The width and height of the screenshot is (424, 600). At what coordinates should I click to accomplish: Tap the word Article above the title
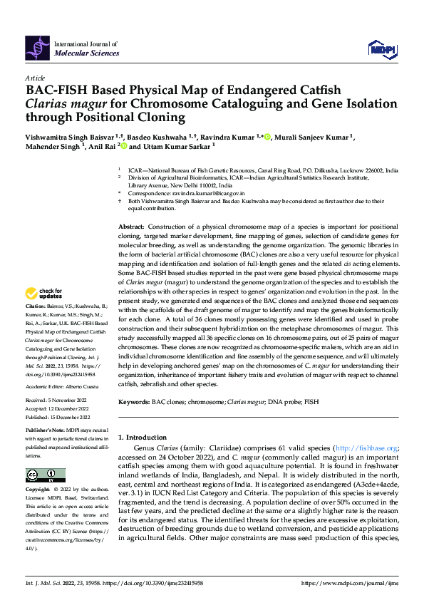point(35,77)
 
